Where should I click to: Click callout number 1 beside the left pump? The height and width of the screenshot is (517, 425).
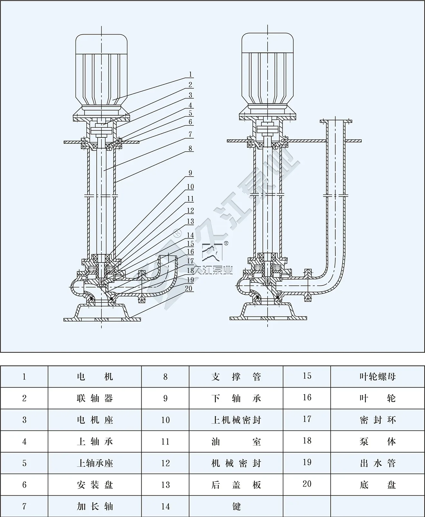pyautogui.click(x=190, y=74)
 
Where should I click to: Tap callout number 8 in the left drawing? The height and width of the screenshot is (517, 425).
pyautogui.click(x=190, y=148)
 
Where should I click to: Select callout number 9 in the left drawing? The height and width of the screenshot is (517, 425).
pyautogui.click(x=190, y=173)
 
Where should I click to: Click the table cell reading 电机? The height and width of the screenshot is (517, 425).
pyautogui.click(x=95, y=377)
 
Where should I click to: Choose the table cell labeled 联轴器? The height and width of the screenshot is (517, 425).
pyautogui.click(x=95, y=398)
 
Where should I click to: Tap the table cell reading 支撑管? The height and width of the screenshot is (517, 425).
pyautogui.click(x=236, y=377)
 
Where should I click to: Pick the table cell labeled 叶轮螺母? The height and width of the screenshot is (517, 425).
pyautogui.click(x=377, y=377)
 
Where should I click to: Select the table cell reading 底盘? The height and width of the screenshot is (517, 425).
pyautogui.click(x=377, y=484)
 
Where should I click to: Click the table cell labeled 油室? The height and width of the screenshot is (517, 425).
pyautogui.click(x=236, y=441)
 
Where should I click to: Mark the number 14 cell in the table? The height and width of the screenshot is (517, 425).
pyautogui.click(x=165, y=506)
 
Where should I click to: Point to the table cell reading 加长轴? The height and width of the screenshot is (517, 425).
pyautogui.click(x=95, y=506)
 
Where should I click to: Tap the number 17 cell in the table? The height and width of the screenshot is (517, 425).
pyautogui.click(x=307, y=419)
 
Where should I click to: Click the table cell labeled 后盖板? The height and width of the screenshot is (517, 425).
pyautogui.click(x=236, y=484)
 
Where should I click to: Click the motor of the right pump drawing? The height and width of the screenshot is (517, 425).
pyautogui.click(x=268, y=71)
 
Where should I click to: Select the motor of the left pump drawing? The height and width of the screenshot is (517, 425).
pyautogui.click(x=101, y=71)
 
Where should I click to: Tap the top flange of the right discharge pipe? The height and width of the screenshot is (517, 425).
pyautogui.click(x=336, y=121)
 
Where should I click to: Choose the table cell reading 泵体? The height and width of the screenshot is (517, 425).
pyautogui.click(x=377, y=441)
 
